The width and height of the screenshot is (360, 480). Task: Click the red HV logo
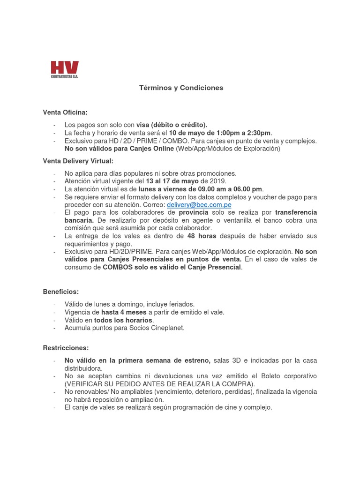[65, 69]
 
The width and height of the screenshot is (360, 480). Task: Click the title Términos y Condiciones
[181, 88]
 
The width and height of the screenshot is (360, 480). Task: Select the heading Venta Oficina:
[65, 112]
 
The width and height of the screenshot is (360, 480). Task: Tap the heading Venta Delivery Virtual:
[78, 161]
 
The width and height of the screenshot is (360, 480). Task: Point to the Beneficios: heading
[61, 292]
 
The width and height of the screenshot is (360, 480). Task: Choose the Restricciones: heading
[66, 348]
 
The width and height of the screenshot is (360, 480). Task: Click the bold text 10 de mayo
[187, 133]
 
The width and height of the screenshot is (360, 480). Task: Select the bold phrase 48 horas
[202, 236]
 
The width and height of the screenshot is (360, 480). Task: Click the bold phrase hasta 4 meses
[124, 312]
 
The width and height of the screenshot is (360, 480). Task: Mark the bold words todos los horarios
[123, 320]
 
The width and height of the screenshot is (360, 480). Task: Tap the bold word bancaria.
[79, 220]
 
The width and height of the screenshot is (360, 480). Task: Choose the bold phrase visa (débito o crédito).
[172, 125]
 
